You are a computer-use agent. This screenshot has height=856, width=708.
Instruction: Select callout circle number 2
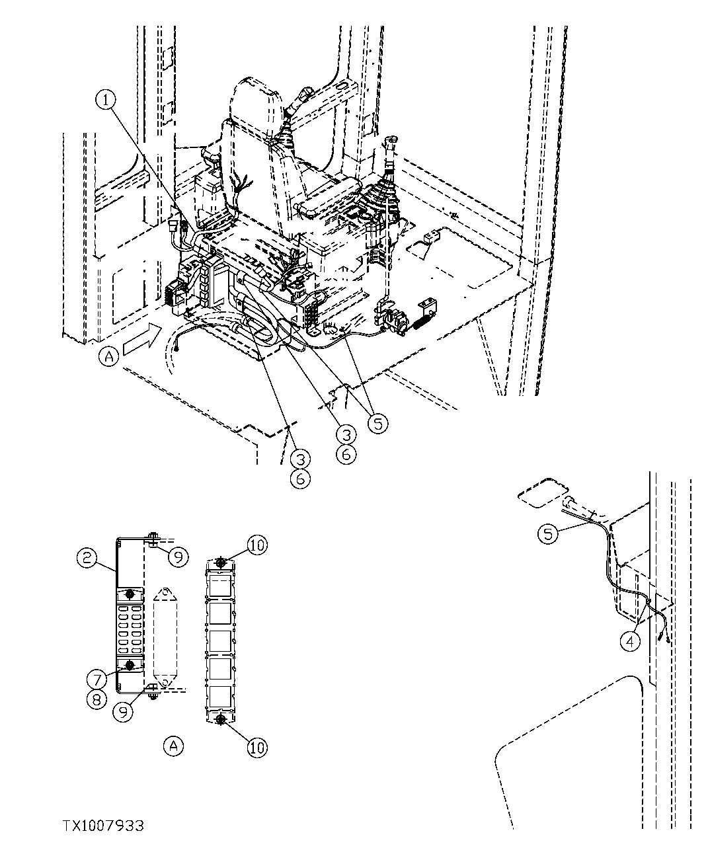point(86,559)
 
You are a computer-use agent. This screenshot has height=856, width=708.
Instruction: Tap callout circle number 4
point(631,640)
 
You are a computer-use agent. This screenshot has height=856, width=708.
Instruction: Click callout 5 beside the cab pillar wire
point(548,533)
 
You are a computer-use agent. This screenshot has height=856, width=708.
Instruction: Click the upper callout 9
point(177,557)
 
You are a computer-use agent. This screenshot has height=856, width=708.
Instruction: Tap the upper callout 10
point(258,545)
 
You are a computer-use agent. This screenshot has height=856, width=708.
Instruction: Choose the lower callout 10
point(258,747)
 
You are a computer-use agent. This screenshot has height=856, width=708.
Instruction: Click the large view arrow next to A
point(140,338)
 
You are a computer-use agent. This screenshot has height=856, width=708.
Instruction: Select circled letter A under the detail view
point(173,746)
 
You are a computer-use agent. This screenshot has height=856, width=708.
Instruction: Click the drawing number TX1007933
point(103,826)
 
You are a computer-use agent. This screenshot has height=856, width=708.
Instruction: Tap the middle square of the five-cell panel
point(220,641)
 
